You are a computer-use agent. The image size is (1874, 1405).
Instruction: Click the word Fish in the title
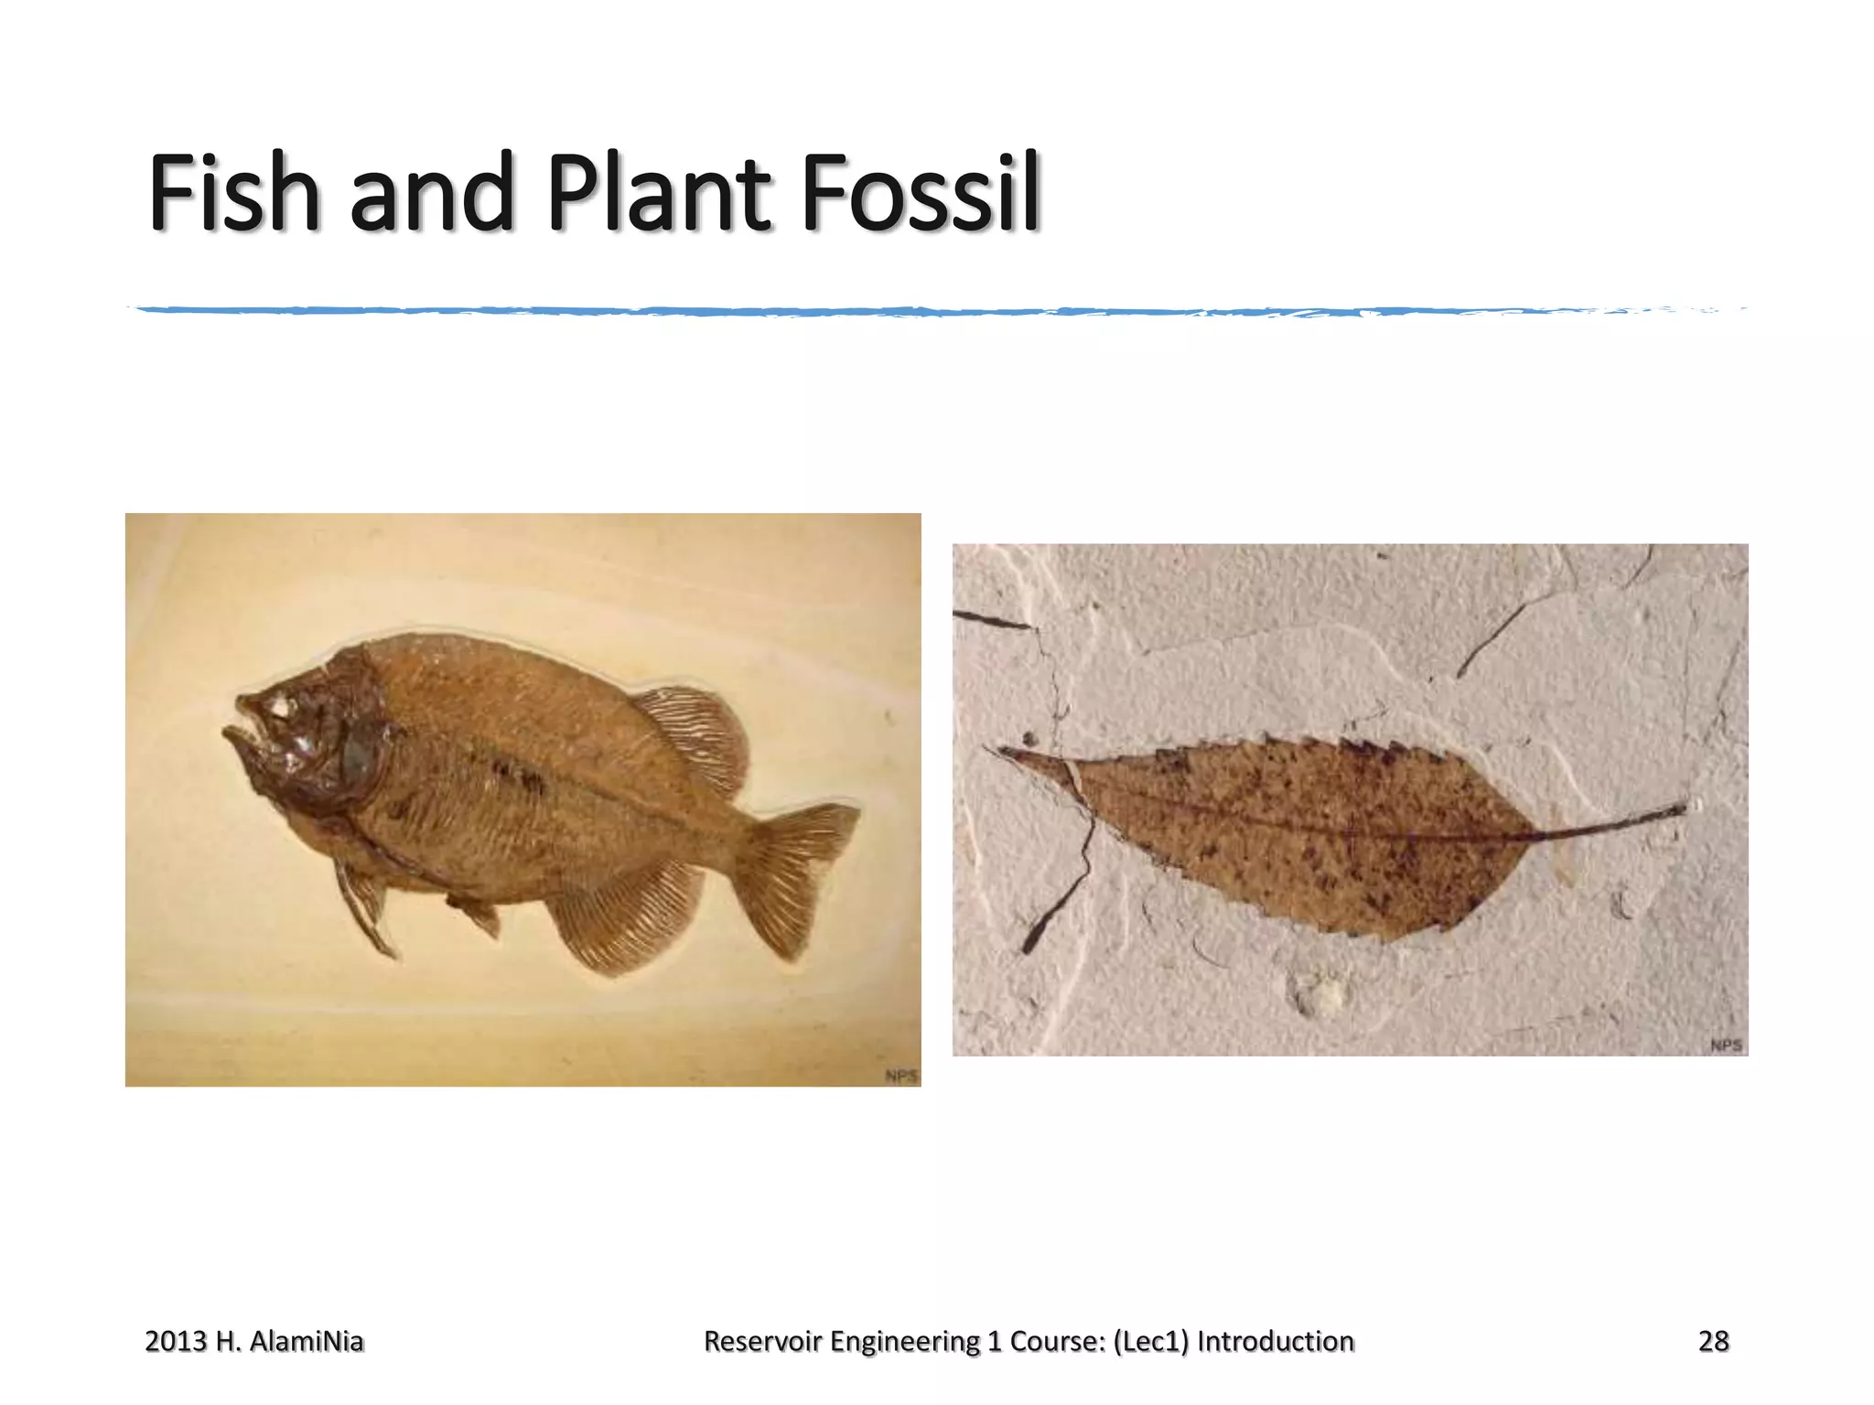(234, 193)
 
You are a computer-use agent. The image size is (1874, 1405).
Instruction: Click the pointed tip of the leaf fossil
(1002, 753)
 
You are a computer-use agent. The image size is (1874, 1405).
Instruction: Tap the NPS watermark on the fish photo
(901, 1076)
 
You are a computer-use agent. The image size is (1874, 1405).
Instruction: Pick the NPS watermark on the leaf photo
(1726, 1045)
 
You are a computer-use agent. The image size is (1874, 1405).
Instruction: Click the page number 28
(1713, 1341)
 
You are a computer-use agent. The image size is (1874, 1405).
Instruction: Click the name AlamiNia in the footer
(306, 1341)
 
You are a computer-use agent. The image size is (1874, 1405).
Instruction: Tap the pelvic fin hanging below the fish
(366, 910)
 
